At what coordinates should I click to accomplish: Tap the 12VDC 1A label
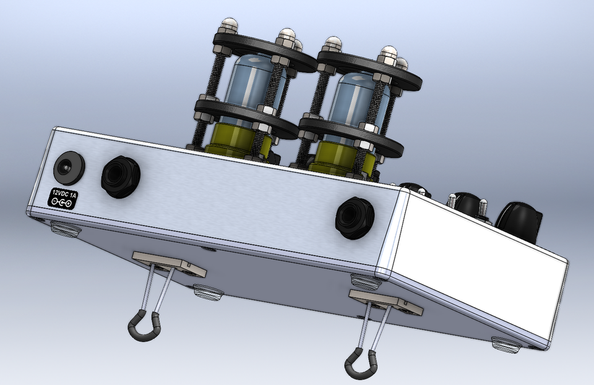pos(64,198)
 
